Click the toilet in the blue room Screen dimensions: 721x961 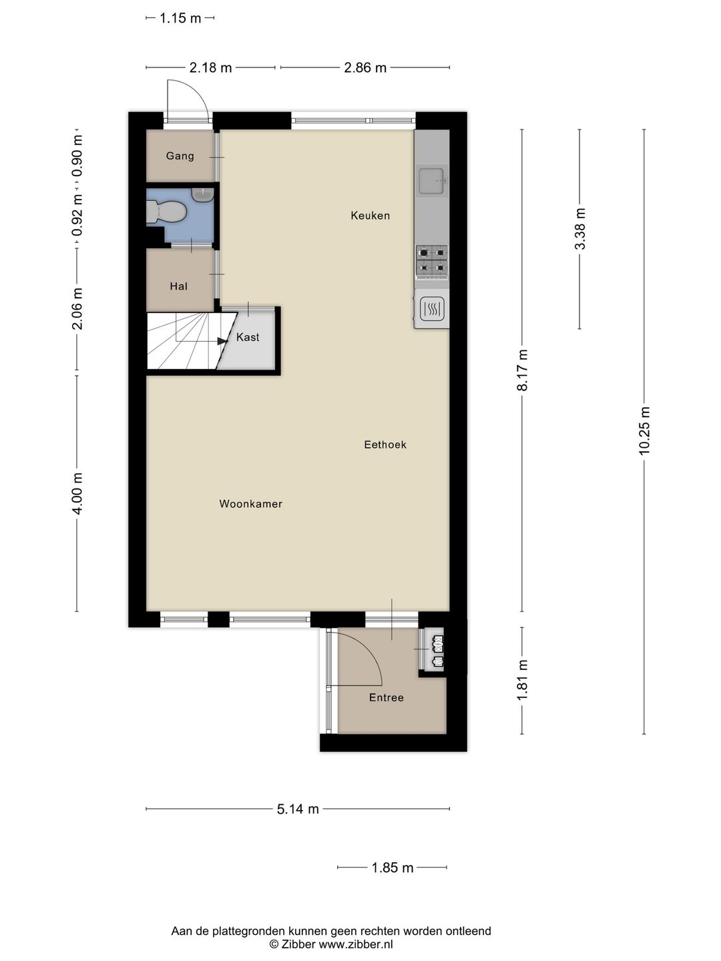(167, 212)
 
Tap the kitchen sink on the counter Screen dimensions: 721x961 (432, 180)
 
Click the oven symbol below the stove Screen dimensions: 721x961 (432, 310)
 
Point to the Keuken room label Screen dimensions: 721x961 (371, 216)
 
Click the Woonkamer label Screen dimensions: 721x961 (251, 504)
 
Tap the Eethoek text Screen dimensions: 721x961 (385, 445)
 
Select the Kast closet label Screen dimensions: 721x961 (248, 337)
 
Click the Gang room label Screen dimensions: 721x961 (180, 156)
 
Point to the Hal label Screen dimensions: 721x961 (179, 286)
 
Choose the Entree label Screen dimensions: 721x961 (387, 697)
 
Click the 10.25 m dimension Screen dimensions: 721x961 (644, 431)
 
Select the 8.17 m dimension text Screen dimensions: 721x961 (522, 370)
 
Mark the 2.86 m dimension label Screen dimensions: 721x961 (365, 68)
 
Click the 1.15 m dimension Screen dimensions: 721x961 (180, 19)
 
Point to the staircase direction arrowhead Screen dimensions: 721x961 (223, 340)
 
